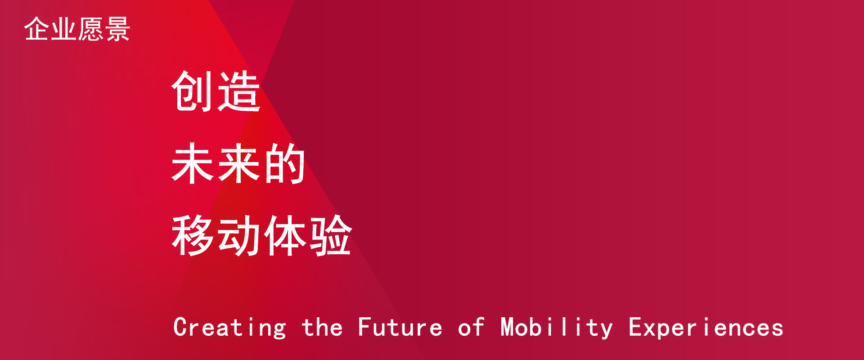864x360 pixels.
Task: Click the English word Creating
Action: [x=229, y=328]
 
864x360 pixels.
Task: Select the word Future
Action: [x=400, y=327]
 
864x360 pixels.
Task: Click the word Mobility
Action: [x=557, y=328]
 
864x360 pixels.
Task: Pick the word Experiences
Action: [x=706, y=328]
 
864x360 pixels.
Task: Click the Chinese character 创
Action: [x=193, y=91]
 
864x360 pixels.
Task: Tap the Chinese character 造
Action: [x=239, y=91]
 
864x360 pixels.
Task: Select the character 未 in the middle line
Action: [x=193, y=163]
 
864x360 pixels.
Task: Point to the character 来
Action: [x=239, y=163]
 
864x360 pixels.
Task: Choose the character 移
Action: [x=193, y=235]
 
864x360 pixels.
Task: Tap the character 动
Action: [x=239, y=235]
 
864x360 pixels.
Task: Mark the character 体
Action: [x=285, y=235]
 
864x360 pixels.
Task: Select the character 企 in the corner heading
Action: [x=37, y=29]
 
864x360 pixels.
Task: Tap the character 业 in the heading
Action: [x=63, y=29]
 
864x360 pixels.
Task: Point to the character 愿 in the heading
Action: [x=90, y=29]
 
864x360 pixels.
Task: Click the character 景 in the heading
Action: [x=117, y=29]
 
